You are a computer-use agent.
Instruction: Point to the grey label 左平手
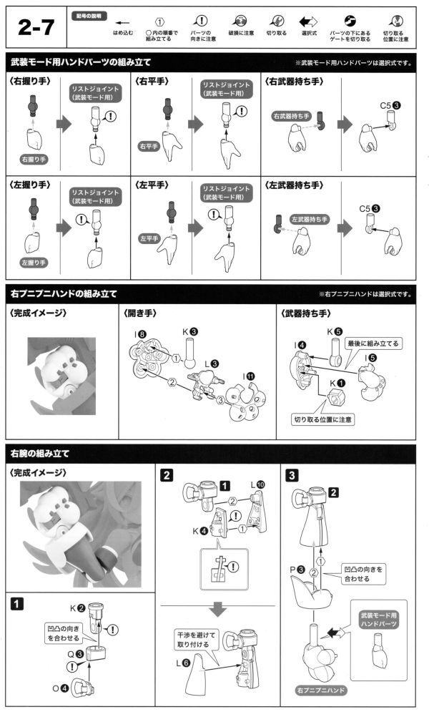point(149,238)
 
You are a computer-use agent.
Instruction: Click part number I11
point(248,376)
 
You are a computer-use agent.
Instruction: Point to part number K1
point(336,382)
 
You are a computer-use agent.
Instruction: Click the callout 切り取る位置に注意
point(322,419)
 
